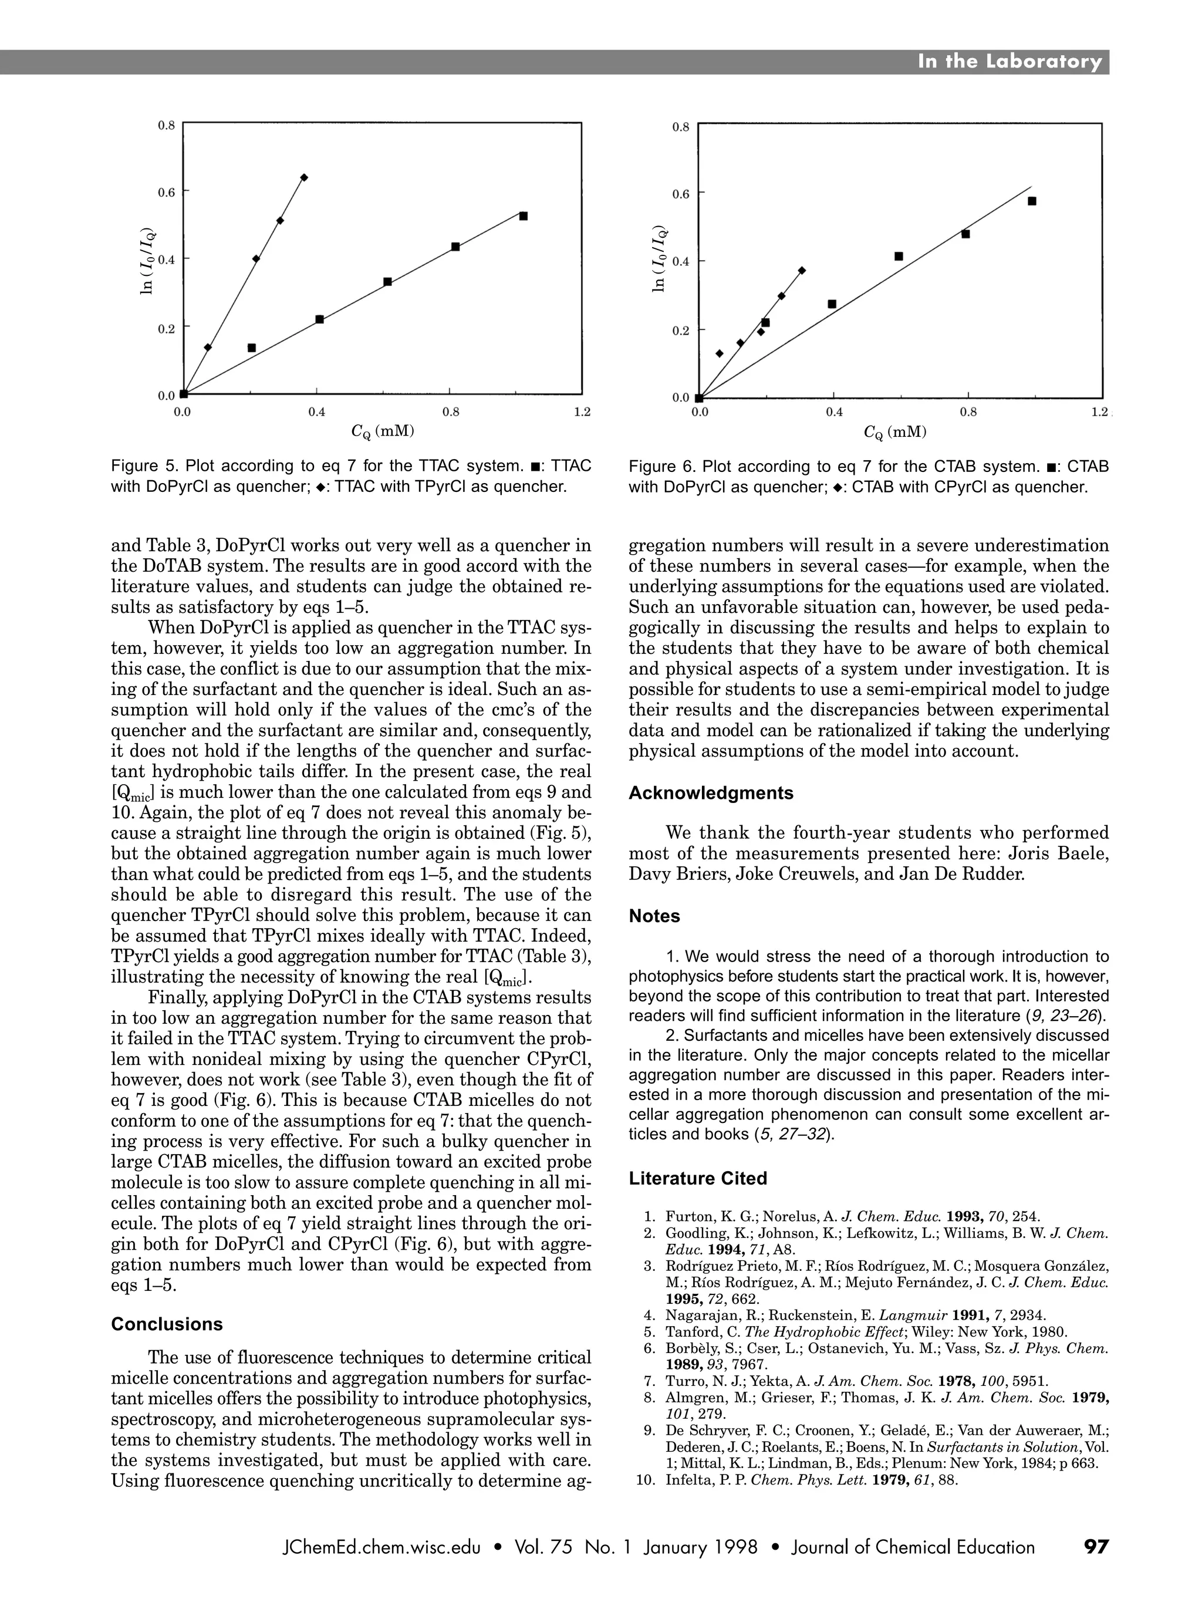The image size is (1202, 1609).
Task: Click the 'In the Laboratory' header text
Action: (1009, 62)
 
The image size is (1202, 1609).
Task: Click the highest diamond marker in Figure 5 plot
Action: (304, 177)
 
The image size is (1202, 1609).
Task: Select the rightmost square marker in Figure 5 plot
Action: (523, 216)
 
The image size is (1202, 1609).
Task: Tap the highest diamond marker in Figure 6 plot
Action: (801, 271)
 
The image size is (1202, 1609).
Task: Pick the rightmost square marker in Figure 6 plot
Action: (1031, 201)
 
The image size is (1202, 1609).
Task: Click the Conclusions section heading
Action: (167, 1324)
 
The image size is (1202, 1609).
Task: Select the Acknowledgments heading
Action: (710, 793)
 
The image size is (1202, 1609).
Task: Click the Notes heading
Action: (654, 916)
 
